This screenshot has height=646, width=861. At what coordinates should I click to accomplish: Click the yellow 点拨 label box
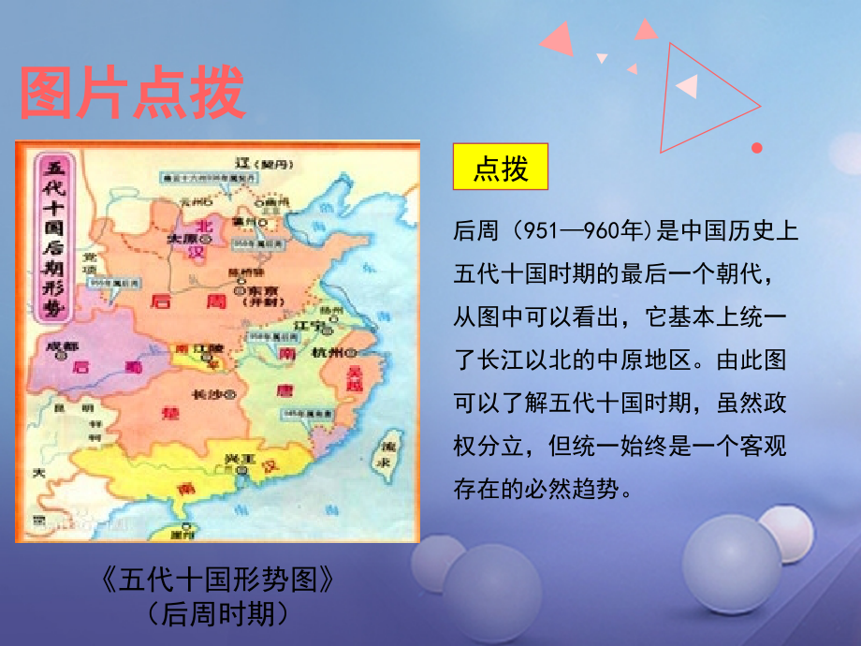tap(501, 169)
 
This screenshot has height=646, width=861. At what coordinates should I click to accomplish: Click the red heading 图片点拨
tap(132, 93)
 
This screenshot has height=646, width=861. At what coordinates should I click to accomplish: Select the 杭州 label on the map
tap(328, 354)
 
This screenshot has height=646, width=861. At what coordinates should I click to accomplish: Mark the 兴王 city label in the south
tap(240, 460)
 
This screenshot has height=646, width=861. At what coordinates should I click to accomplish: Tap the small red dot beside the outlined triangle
tap(757, 148)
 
